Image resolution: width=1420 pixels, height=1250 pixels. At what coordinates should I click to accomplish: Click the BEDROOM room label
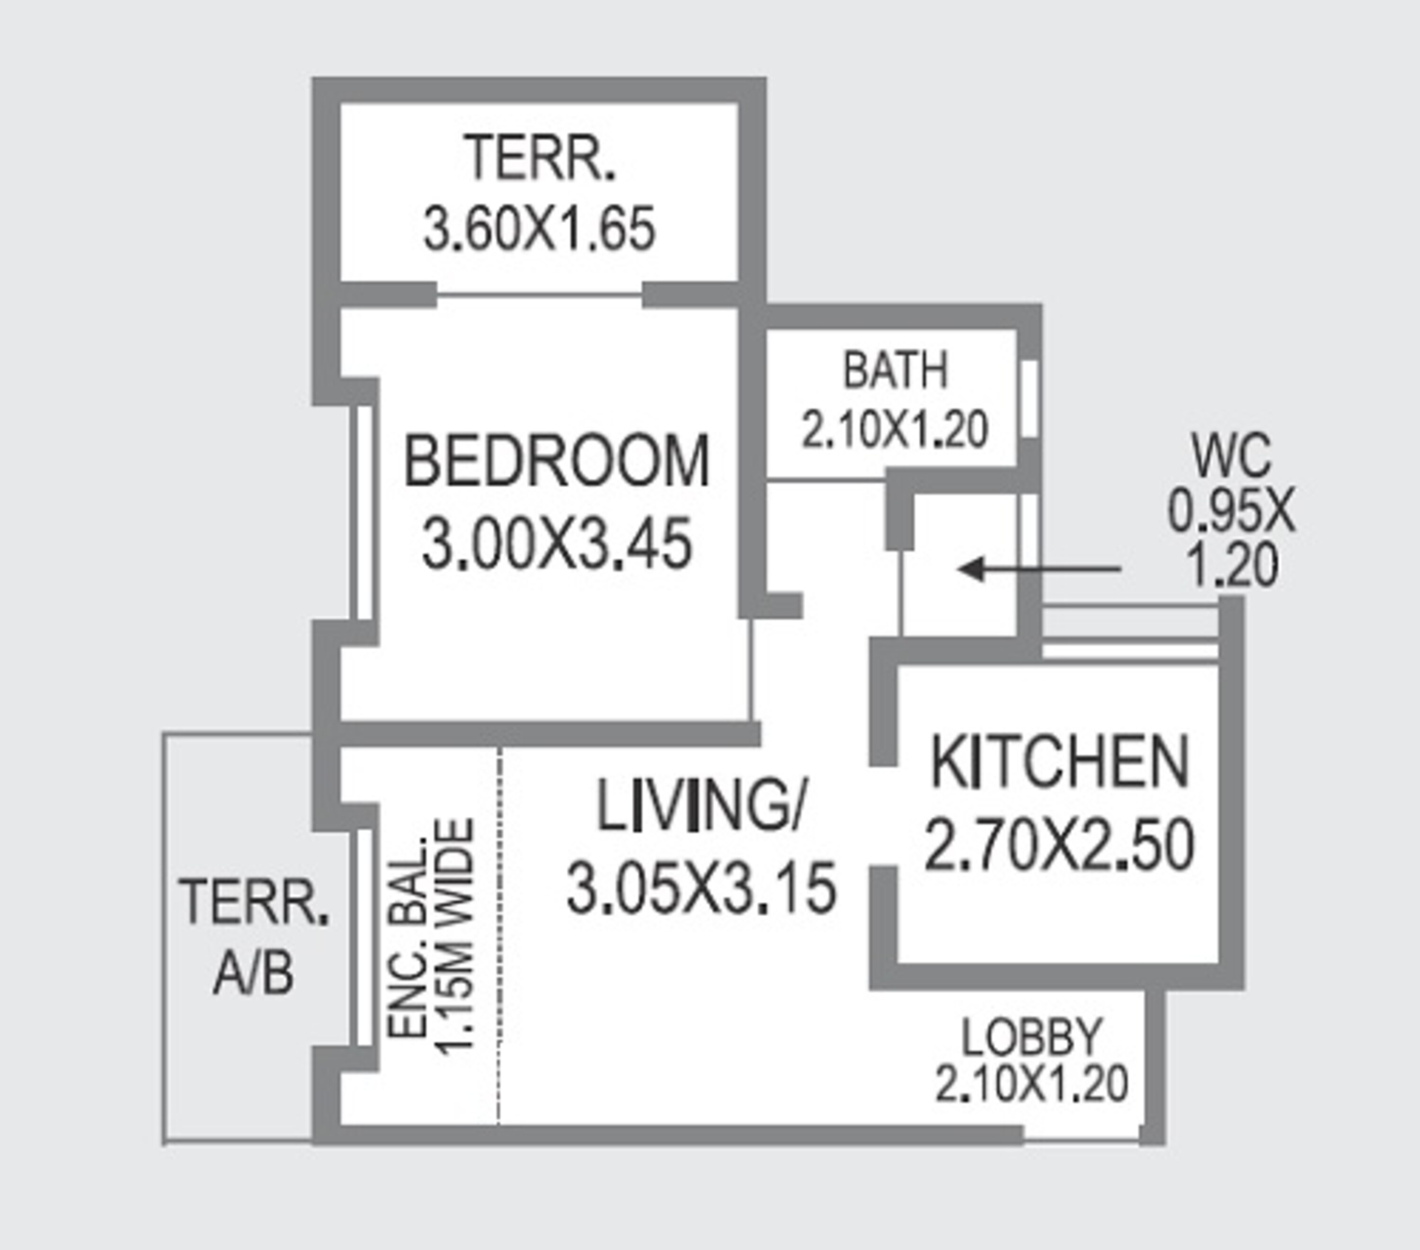click(557, 461)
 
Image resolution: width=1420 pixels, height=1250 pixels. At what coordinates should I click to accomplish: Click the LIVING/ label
click(700, 806)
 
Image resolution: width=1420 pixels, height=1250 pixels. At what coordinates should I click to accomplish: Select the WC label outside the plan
click(1231, 456)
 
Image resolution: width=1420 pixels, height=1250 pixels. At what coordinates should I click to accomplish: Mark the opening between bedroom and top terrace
click(539, 296)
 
